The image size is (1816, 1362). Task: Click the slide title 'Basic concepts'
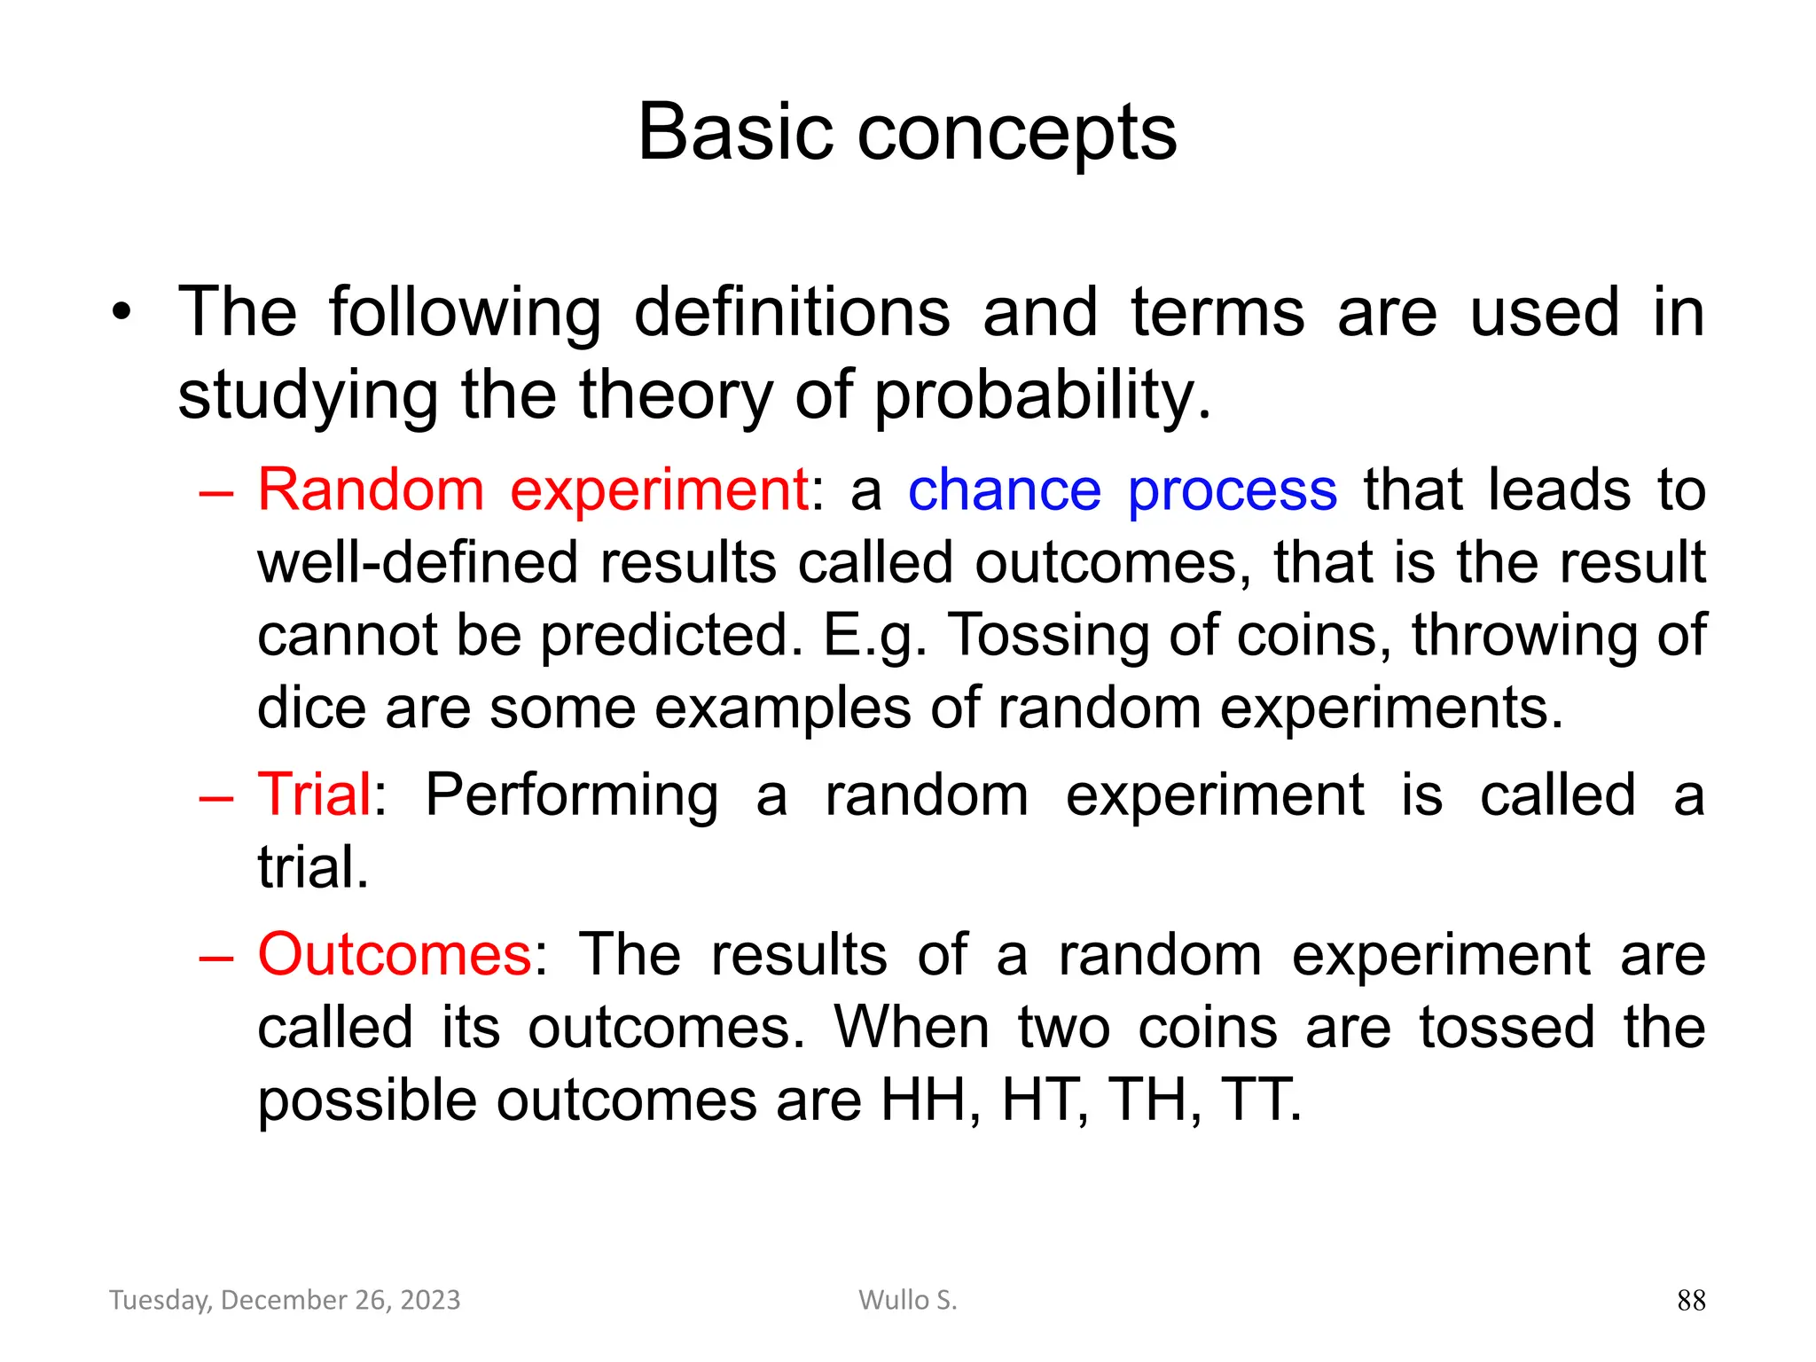tap(907, 133)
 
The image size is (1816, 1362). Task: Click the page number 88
tap(1691, 1300)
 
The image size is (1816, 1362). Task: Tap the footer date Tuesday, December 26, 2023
tap(285, 1300)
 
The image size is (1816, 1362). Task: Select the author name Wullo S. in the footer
tap(907, 1300)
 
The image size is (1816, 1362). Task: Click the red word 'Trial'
tap(314, 794)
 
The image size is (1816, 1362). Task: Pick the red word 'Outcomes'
tap(395, 955)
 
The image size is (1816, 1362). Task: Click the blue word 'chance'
tap(1004, 490)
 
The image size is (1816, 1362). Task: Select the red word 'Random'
tap(371, 490)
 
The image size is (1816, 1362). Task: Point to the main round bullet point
tap(121, 312)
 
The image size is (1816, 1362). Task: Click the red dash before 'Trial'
tap(216, 798)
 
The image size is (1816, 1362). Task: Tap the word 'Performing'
tap(572, 795)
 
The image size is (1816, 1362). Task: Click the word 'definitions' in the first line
tap(792, 312)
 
